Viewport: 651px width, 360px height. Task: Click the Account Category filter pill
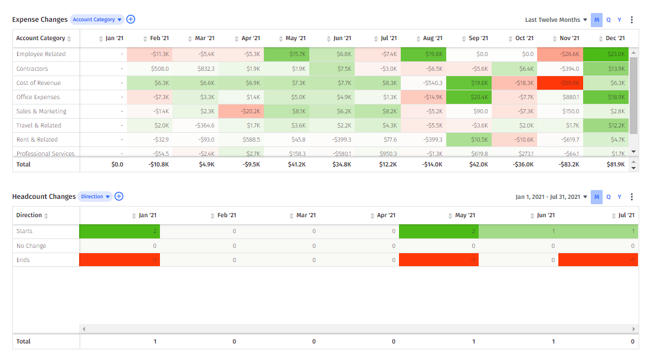(x=97, y=19)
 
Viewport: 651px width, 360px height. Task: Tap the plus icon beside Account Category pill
(x=131, y=19)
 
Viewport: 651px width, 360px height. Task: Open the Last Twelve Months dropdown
(x=556, y=20)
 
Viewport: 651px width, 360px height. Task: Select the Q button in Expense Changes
(x=609, y=20)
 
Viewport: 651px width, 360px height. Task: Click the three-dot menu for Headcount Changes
(x=632, y=197)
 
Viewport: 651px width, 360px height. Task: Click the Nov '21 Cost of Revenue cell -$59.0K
(x=560, y=83)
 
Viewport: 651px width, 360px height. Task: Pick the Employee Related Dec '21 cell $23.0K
(x=605, y=54)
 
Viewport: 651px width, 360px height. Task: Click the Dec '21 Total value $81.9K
(x=614, y=165)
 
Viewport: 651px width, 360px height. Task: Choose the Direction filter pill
(x=94, y=197)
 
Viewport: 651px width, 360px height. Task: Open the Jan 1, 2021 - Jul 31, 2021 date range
(x=551, y=197)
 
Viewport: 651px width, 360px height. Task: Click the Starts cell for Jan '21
(x=119, y=231)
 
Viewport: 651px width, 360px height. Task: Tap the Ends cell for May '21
(x=439, y=260)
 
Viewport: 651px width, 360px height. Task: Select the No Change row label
(x=31, y=246)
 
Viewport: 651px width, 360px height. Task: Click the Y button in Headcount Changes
(x=619, y=197)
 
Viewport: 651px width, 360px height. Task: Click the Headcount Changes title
(x=44, y=197)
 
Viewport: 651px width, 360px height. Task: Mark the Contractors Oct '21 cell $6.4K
(x=514, y=69)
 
